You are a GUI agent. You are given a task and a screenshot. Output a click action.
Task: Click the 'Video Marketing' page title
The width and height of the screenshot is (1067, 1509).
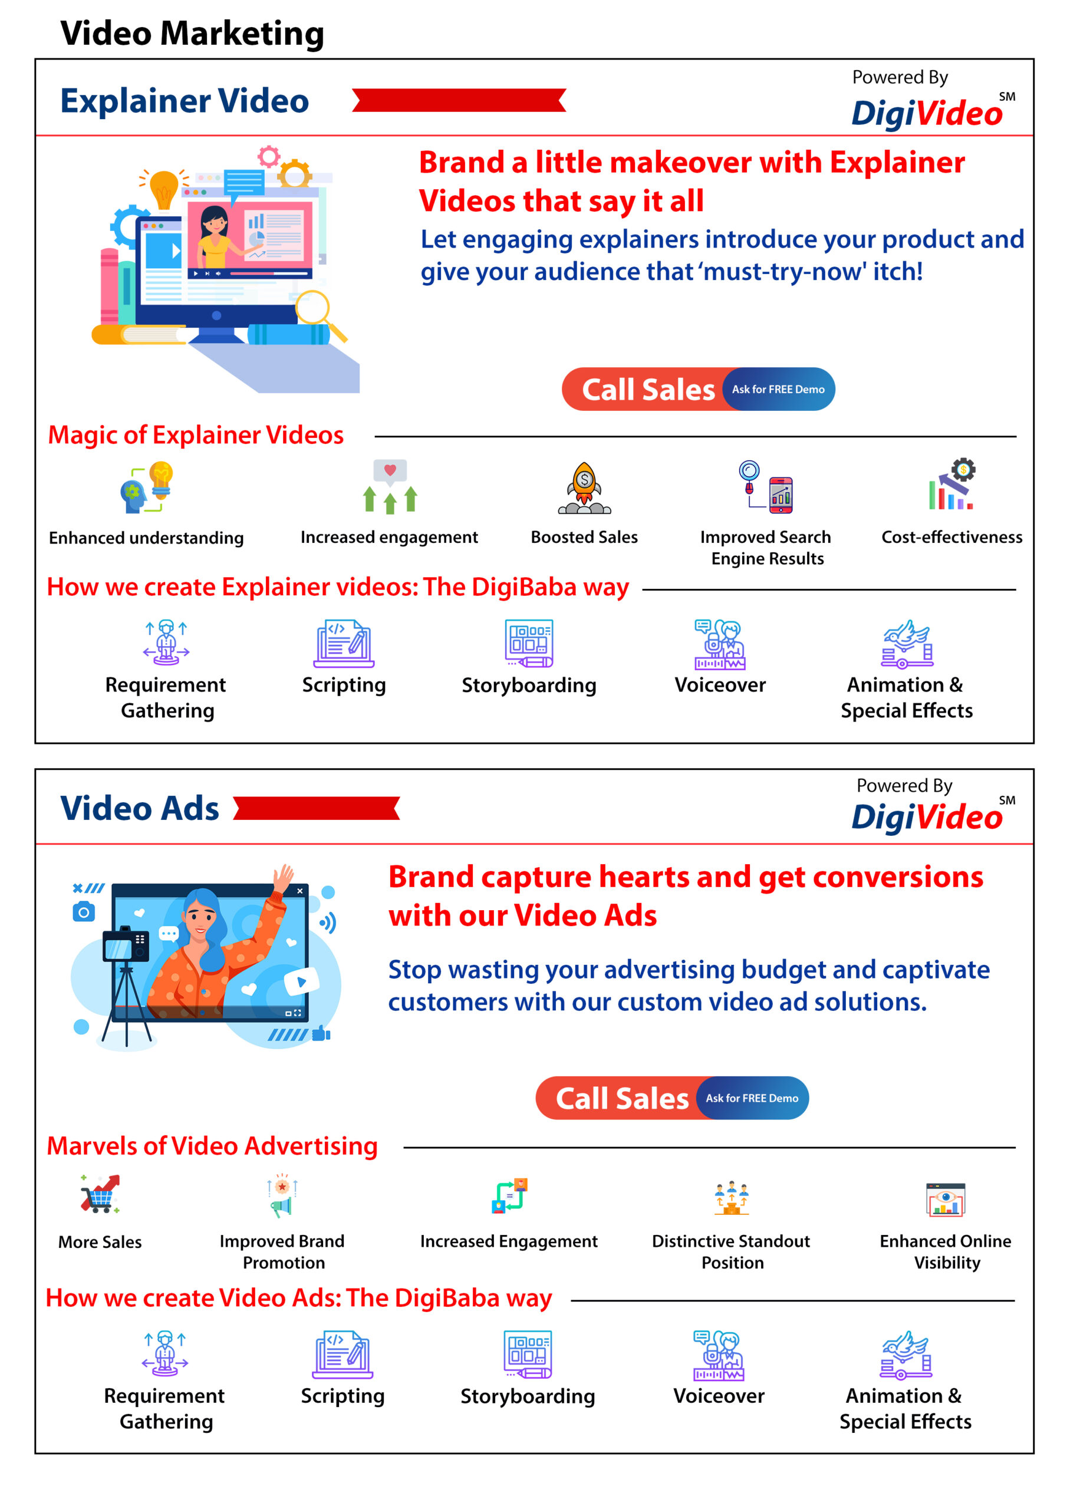coord(192,33)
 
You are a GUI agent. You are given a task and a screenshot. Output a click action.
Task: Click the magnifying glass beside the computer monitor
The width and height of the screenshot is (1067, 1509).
coord(319,314)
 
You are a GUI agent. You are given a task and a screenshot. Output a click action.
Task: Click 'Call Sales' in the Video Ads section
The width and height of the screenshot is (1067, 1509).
coord(622,1098)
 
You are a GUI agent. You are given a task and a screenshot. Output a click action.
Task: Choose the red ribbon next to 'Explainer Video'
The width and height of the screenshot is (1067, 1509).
coord(459,100)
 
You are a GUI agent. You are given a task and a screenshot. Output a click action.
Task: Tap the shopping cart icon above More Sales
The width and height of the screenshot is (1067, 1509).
coord(100,1194)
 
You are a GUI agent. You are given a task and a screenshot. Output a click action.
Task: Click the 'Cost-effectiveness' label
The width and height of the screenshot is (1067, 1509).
coord(951,537)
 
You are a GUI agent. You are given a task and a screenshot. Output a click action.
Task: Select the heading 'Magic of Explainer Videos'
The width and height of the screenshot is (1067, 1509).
coord(196,435)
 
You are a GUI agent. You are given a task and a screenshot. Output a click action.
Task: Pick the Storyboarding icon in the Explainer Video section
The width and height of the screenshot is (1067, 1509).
coord(529,644)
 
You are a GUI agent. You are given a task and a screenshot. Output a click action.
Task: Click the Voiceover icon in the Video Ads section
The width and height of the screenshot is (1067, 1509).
coord(719,1355)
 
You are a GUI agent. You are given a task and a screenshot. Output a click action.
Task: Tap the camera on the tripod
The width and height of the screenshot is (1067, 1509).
coord(126,945)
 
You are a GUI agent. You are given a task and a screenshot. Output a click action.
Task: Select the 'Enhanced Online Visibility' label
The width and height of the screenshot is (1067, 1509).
coord(946,1252)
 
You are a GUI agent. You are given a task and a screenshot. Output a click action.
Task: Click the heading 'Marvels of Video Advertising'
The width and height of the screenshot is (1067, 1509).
coord(212,1146)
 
